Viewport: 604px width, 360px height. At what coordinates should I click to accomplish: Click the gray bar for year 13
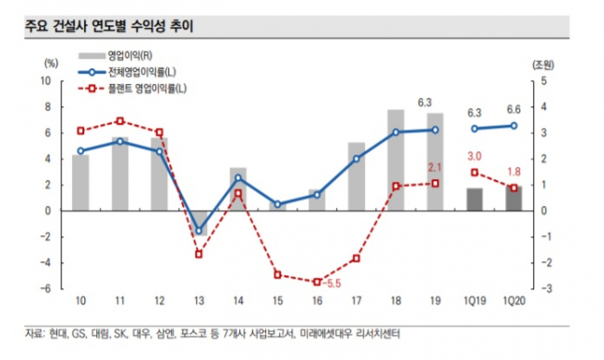point(198,223)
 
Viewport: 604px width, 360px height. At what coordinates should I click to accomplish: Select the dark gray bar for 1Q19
point(474,198)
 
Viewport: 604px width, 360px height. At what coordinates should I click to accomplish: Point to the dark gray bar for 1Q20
point(513,198)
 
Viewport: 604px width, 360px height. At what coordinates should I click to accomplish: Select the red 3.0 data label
point(475,155)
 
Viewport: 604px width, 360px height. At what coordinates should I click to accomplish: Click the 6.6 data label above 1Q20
point(513,109)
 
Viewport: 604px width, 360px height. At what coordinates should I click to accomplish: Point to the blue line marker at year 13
point(198,231)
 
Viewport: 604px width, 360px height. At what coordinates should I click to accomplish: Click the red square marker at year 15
point(277,275)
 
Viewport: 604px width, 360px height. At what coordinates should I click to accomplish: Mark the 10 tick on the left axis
point(52,81)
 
